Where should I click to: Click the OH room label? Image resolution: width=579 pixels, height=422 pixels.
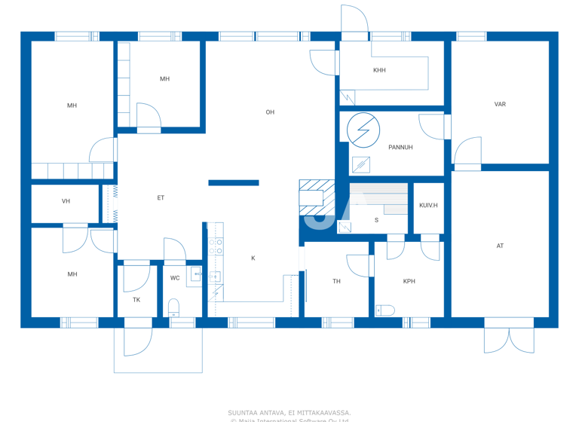(x=270, y=112)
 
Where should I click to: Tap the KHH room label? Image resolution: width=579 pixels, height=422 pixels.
(x=379, y=70)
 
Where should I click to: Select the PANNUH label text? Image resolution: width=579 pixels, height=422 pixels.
(x=400, y=148)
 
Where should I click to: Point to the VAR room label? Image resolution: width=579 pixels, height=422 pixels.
(x=500, y=105)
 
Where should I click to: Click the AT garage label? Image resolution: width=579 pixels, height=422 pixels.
(x=500, y=246)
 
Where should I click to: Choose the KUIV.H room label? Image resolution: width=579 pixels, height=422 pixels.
(x=428, y=206)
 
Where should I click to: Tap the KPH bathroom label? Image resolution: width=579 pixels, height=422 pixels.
(x=409, y=282)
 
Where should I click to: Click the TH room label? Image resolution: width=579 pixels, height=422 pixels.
(x=337, y=282)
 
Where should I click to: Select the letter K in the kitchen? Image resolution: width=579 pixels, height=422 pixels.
(x=253, y=258)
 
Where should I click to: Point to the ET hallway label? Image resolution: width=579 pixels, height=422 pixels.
(x=161, y=198)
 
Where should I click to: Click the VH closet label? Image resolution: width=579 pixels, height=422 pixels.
(x=66, y=202)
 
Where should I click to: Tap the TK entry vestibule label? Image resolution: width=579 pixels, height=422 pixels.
(x=136, y=300)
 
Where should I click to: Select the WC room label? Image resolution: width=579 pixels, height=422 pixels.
(x=175, y=278)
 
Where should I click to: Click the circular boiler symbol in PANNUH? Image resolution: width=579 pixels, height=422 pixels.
(x=363, y=130)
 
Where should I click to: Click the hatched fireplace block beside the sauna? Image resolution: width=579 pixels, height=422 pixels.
(x=316, y=194)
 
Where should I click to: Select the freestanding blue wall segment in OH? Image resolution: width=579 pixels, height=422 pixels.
(x=234, y=183)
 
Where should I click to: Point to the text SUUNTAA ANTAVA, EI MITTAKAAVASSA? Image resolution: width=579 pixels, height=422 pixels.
(x=289, y=412)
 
